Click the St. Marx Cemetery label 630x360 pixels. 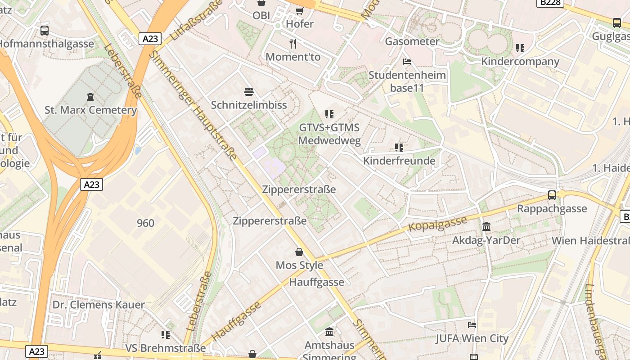click(90, 110)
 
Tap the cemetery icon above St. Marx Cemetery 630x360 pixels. click(90, 96)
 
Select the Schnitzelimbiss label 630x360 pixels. click(249, 105)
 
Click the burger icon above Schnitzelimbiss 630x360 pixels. click(249, 92)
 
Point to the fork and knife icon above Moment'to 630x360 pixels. click(293, 43)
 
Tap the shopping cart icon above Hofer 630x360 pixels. click(299, 10)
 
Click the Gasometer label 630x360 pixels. click(412, 41)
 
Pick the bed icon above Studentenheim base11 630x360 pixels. click(407, 61)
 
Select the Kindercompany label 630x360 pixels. click(520, 61)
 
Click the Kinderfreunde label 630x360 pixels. click(399, 161)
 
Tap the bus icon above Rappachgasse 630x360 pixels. click(552, 195)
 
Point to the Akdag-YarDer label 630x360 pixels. click(486, 240)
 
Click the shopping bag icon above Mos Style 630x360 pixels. click(299, 252)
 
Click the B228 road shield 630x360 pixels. click(550, 3)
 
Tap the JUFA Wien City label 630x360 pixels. click(472, 338)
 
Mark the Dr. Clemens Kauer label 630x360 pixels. click(99, 305)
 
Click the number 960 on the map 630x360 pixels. click(145, 223)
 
